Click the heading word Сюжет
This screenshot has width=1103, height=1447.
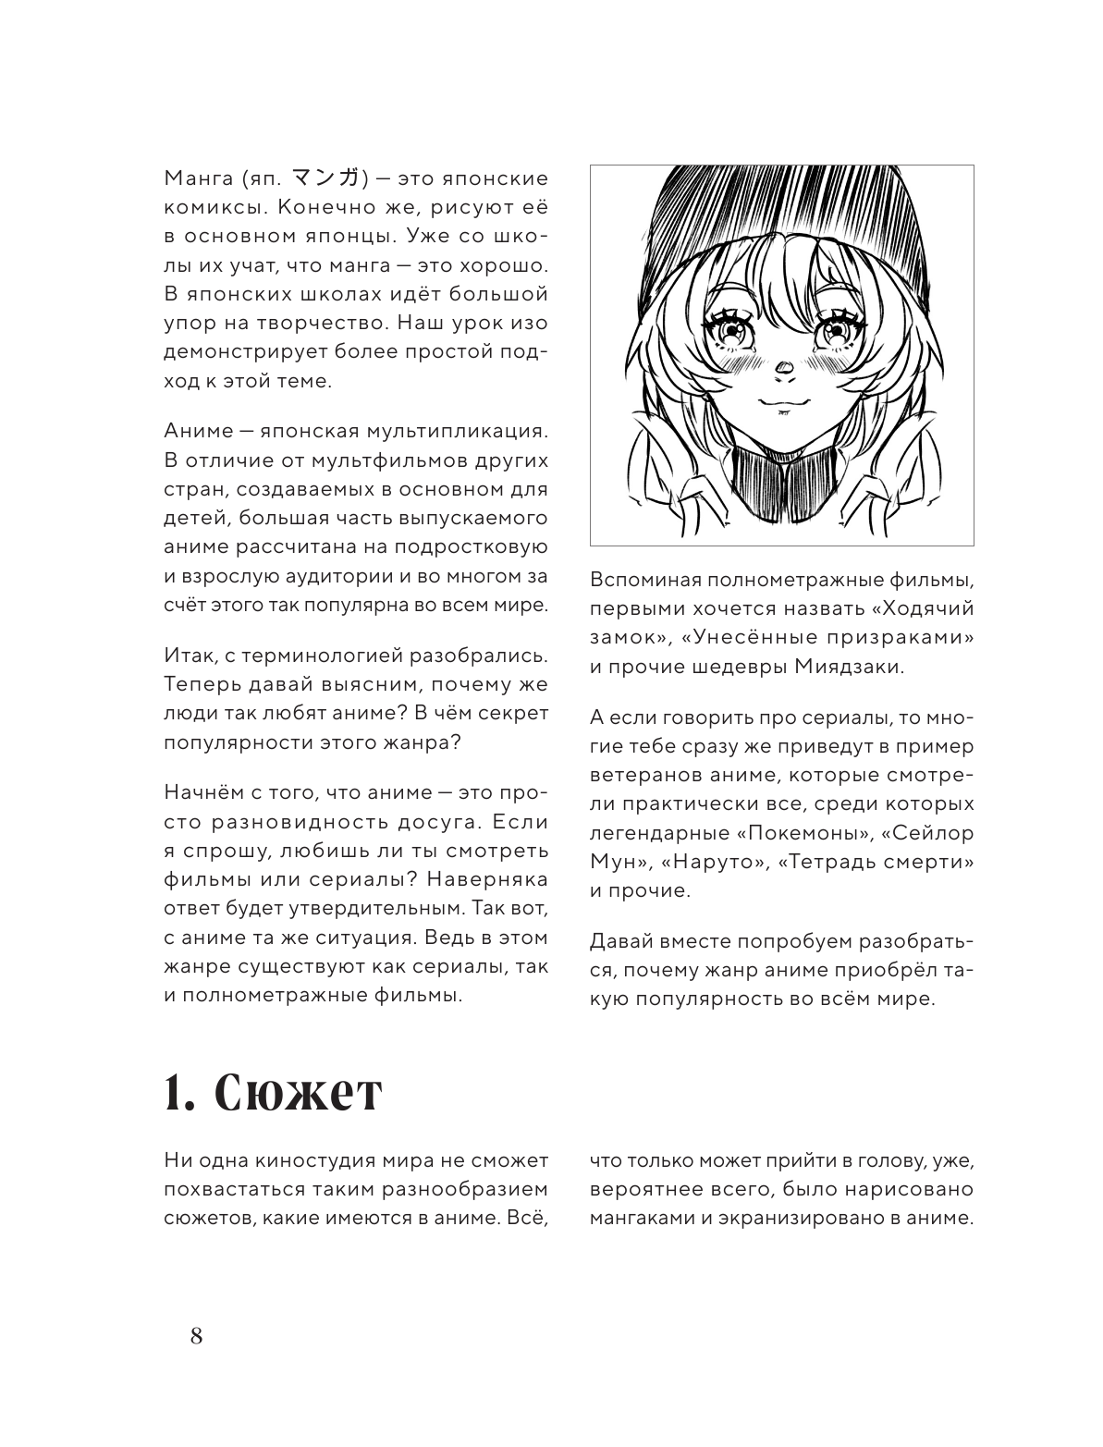point(297,1095)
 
